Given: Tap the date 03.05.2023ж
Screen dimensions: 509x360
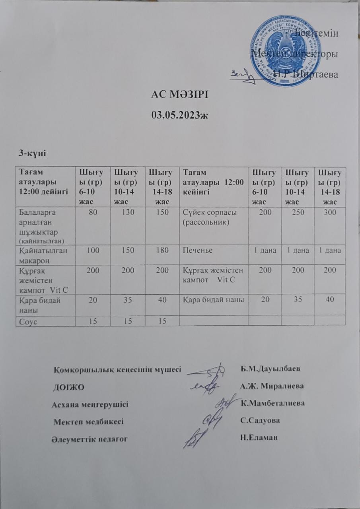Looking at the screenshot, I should tap(180, 115).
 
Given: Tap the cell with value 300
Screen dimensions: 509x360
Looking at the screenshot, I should tap(330, 213).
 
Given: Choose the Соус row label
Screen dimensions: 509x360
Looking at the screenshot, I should tap(28, 321).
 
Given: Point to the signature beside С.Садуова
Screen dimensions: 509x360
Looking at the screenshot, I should tap(212, 420).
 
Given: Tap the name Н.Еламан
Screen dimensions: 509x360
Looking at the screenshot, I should tap(259, 437).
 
